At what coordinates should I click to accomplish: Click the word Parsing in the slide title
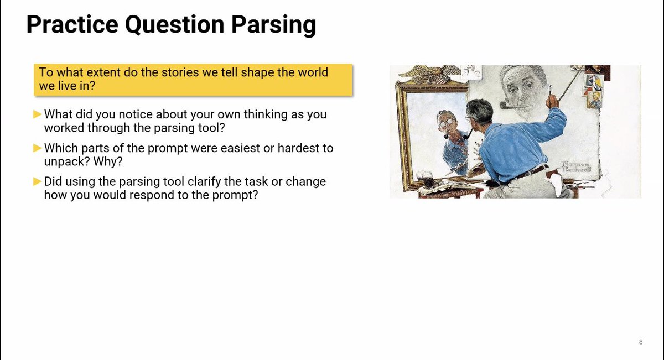pyautogui.click(x=273, y=25)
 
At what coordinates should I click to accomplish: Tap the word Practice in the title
pyautogui.click(x=72, y=24)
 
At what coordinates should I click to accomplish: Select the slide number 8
pyautogui.click(x=641, y=342)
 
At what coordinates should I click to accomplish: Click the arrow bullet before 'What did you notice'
pyautogui.click(x=38, y=114)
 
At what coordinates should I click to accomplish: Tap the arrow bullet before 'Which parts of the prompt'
pyautogui.click(x=38, y=148)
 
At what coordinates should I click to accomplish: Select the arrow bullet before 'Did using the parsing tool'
pyautogui.click(x=38, y=181)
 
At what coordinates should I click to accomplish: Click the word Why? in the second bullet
pyautogui.click(x=108, y=161)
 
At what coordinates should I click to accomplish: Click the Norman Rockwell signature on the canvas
pyautogui.click(x=576, y=167)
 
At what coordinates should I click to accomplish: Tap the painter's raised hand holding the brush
pyautogui.click(x=552, y=100)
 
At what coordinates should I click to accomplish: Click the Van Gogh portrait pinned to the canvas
pyautogui.click(x=595, y=99)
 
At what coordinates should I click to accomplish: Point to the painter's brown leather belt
pyautogui.click(x=531, y=172)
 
